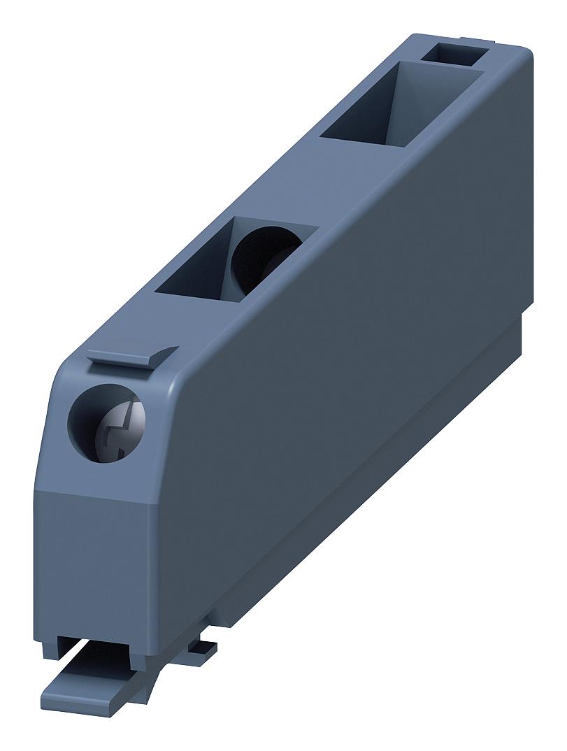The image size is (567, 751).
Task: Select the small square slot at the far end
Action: [x=455, y=54]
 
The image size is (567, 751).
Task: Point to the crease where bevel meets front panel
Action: [x=98, y=492]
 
